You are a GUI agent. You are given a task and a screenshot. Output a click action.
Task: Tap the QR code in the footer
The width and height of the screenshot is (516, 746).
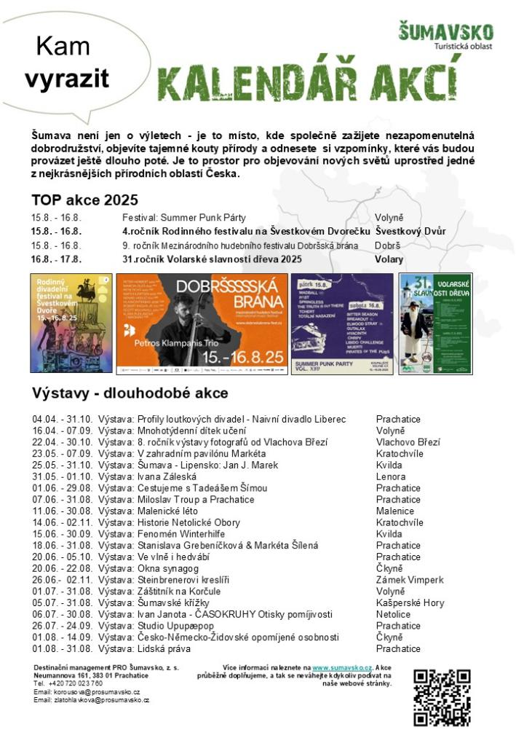[x=441, y=697]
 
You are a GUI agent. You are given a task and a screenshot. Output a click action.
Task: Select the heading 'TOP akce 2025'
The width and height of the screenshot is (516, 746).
[x=84, y=200]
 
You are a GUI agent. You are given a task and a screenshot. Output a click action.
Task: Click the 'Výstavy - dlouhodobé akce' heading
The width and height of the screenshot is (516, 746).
[x=130, y=393]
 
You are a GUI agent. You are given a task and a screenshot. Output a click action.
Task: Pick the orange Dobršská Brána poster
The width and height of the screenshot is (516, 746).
[x=202, y=323]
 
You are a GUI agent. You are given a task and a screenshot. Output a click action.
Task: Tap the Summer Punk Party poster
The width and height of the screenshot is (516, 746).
[x=341, y=323]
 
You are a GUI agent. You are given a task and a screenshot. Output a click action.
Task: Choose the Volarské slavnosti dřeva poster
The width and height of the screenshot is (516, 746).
[x=435, y=323]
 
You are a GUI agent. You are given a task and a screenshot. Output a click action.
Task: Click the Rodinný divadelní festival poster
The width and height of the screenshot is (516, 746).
[x=71, y=323]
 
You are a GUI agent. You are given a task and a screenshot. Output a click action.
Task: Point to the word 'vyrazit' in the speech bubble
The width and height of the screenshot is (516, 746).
[x=66, y=79]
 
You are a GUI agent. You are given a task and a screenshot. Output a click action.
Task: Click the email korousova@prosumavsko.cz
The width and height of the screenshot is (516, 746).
[x=87, y=692]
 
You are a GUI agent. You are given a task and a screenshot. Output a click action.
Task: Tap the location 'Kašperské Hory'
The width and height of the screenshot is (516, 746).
[x=410, y=603]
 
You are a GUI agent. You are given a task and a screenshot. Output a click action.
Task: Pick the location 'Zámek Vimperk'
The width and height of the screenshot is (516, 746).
[x=410, y=581]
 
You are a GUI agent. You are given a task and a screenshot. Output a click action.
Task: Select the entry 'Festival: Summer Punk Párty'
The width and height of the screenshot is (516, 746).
[x=183, y=218]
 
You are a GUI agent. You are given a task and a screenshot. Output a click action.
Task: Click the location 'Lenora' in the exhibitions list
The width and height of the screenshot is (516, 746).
[x=391, y=476]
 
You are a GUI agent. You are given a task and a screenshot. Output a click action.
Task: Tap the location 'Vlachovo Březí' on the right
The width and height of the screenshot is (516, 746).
[x=408, y=442]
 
